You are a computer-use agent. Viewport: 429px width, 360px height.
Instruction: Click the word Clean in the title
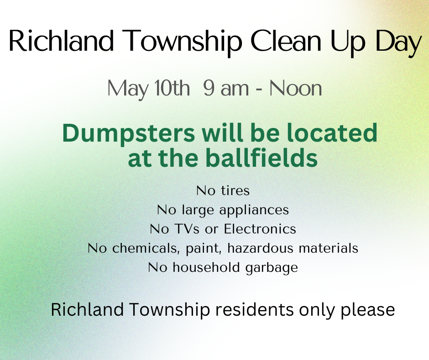point(286,41)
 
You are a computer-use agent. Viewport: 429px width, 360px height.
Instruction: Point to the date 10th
point(172,88)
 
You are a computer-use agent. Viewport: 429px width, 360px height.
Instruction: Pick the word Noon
point(295,88)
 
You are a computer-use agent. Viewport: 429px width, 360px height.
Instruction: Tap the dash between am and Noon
point(259,90)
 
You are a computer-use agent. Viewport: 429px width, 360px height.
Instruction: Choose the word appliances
point(254,211)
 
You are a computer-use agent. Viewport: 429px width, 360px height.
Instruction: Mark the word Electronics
point(260,229)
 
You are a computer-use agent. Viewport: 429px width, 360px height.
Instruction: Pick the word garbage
point(272,268)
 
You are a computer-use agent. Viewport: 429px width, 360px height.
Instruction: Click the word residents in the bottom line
point(255,310)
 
